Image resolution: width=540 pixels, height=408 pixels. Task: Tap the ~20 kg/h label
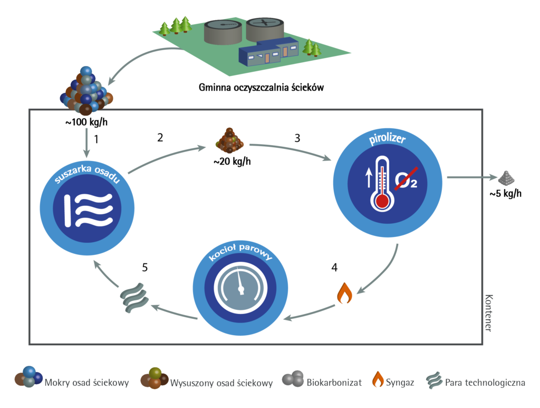pyautogui.click(x=232, y=162)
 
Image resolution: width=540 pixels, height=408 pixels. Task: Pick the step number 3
pyautogui.click(x=297, y=138)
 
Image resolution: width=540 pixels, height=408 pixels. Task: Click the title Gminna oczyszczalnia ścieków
pyautogui.click(x=261, y=87)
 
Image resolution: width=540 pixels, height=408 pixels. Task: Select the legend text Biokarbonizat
pyautogui.click(x=334, y=383)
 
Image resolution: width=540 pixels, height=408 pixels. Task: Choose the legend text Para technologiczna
pyautogui.click(x=485, y=383)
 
